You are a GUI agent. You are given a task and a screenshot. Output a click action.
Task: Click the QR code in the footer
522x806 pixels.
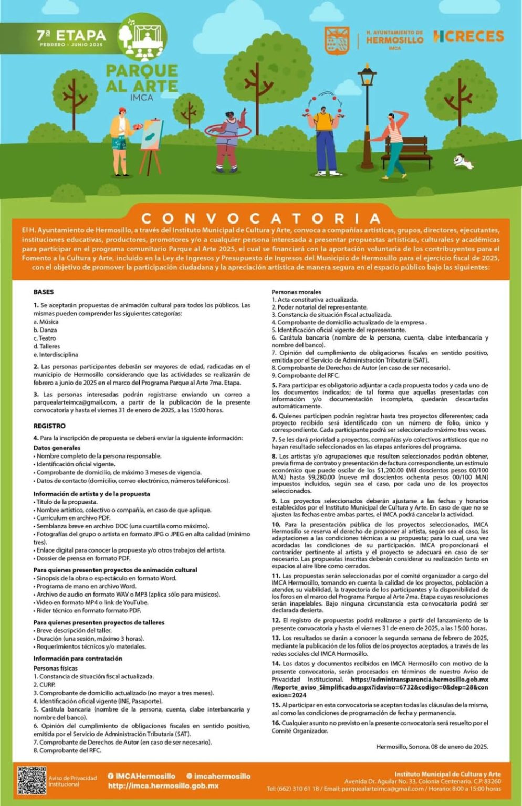[x=32, y=780]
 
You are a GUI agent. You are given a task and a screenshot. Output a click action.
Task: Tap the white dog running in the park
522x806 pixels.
[x=464, y=161]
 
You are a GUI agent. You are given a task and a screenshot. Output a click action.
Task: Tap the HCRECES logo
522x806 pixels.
[x=468, y=37]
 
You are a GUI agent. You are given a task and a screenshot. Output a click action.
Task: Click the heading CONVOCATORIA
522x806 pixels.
[x=261, y=218]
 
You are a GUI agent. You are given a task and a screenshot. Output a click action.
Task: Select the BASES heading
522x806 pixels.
[x=44, y=292]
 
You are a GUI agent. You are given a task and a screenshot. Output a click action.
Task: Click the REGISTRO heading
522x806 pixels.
[x=49, y=426]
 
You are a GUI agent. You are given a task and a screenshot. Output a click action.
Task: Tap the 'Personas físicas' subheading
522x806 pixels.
[x=55, y=668]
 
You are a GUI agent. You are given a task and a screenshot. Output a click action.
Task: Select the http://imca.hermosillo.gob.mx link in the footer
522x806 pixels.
[x=163, y=786]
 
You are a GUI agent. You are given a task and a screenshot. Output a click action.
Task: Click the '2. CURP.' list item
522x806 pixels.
[x=44, y=684]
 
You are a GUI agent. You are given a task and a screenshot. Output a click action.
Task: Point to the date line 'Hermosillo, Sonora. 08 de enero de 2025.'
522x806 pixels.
[x=432, y=746]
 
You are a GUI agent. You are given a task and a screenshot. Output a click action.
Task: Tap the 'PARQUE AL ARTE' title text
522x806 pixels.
[x=141, y=78]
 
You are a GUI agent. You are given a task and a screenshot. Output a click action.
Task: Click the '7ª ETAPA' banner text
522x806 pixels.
[x=71, y=36]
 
